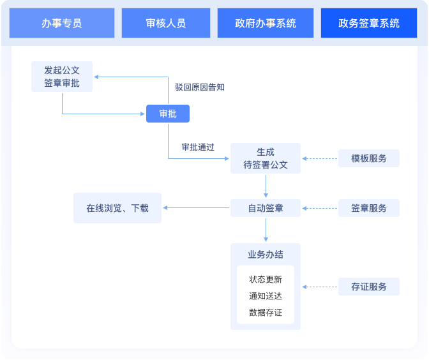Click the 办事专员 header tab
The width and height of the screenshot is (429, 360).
[x=62, y=24]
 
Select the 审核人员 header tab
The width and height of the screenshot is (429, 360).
[x=165, y=24]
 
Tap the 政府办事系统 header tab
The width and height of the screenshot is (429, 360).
[x=265, y=24]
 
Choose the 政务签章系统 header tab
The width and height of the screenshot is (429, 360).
[x=369, y=24]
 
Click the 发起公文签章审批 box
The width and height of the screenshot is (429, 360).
[x=62, y=77]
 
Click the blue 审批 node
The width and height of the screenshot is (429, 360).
[x=168, y=114]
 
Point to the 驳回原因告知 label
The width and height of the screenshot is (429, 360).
[x=199, y=87]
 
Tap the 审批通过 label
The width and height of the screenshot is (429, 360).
[x=198, y=147]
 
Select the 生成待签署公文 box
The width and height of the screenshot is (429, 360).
[x=266, y=158]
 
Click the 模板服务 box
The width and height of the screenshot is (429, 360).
[x=369, y=158]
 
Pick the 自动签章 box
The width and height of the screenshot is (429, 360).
[x=266, y=208]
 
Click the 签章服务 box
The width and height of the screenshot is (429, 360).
[x=369, y=208]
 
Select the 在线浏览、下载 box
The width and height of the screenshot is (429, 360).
[x=117, y=208]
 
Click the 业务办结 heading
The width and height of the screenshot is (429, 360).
[x=266, y=254]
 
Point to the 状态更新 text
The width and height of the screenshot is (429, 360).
[x=266, y=279]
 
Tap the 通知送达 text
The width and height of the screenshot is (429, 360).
[x=266, y=296]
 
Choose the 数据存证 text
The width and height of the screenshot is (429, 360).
[x=266, y=313]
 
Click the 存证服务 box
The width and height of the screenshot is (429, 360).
[x=369, y=287]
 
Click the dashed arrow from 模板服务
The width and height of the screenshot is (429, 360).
[x=320, y=158]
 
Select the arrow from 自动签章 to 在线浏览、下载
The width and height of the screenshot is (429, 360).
[x=197, y=208]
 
